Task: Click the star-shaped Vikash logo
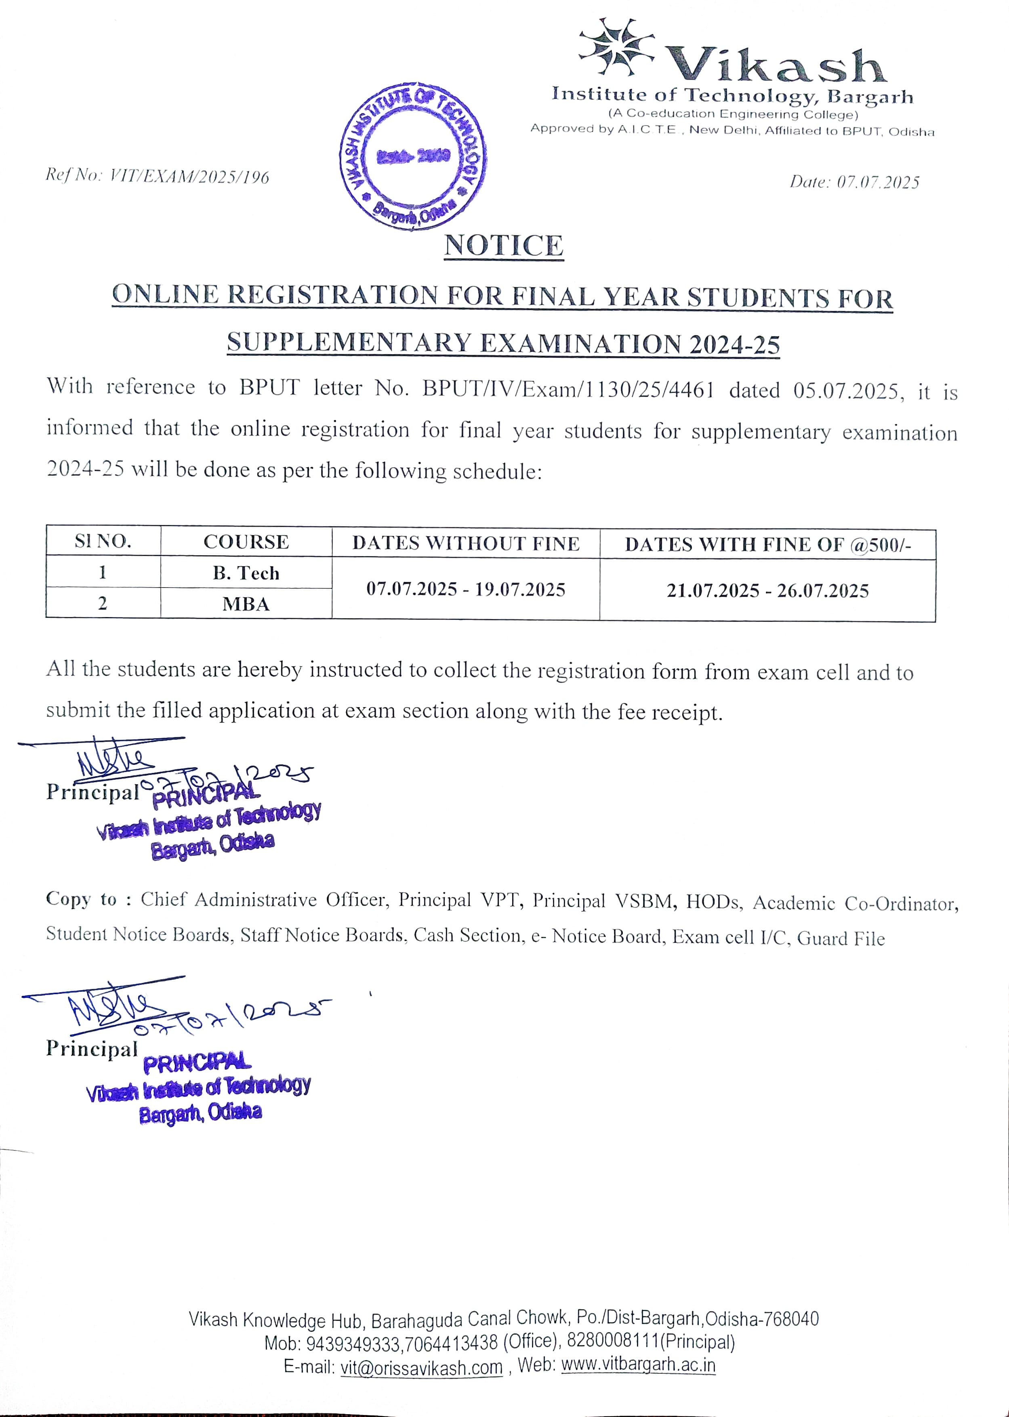[616, 48]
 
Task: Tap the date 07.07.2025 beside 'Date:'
[878, 182]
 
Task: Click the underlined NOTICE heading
[504, 246]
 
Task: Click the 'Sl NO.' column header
[103, 541]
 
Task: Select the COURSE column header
[246, 542]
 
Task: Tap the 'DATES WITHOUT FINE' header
[466, 544]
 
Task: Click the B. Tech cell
[246, 573]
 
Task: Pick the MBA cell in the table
[246, 604]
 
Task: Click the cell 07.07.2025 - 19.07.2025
[466, 589]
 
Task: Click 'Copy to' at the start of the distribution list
[81, 899]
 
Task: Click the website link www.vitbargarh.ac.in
[638, 1365]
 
